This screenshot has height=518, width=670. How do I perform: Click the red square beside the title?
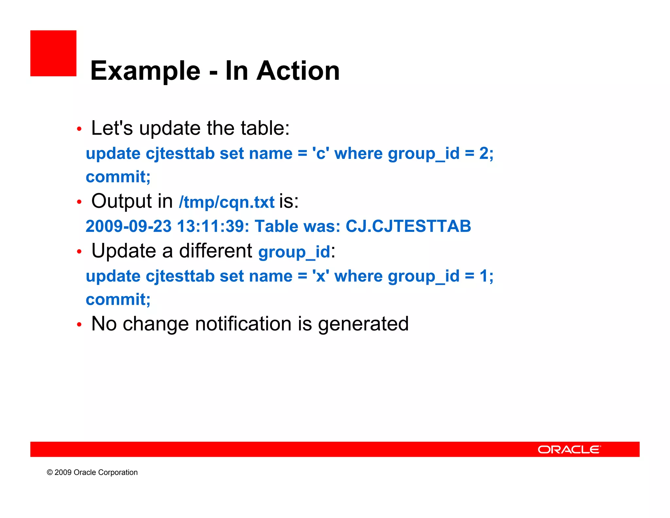(x=53, y=53)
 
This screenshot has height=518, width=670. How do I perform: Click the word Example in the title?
(x=145, y=71)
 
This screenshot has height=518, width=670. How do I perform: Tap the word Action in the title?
(x=298, y=71)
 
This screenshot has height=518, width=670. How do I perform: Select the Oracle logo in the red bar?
(x=569, y=450)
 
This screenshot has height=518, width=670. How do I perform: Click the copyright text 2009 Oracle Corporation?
(x=92, y=472)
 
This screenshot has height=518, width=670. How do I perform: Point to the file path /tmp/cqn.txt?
(x=227, y=202)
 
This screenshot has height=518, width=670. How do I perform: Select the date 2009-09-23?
(x=129, y=226)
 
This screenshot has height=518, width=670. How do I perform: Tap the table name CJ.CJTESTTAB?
(x=408, y=226)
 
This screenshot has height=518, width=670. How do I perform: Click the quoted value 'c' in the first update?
(x=321, y=154)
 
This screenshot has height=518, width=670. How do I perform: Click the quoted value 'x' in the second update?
(x=321, y=276)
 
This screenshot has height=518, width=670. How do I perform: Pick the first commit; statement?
(x=118, y=177)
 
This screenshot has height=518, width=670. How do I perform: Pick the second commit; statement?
(x=118, y=300)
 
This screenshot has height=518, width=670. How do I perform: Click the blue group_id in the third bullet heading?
(x=294, y=252)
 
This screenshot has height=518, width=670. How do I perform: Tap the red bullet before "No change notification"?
(x=79, y=325)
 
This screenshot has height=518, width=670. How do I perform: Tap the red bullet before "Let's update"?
(x=79, y=129)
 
